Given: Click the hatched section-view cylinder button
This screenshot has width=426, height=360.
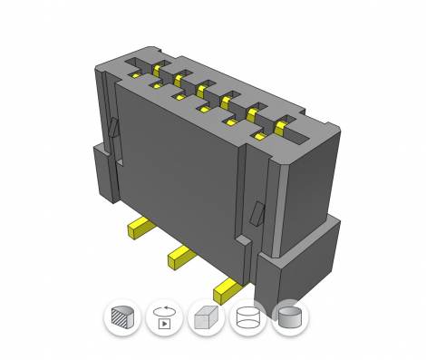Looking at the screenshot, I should point(121,318).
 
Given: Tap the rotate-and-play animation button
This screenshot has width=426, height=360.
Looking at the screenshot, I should point(164,318).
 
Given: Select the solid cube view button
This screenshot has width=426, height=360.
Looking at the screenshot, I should point(206,318).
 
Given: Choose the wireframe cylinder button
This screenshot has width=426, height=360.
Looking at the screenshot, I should point(247,318).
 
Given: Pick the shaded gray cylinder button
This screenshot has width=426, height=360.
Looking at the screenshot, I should point(290,318).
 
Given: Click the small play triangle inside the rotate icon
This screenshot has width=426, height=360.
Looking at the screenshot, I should point(165,323).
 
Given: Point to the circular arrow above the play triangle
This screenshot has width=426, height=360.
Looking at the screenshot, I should point(164,311).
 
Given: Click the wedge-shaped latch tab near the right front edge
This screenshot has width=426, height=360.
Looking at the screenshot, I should point(258,214).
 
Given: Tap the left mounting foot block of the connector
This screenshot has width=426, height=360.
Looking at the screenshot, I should point(104,172).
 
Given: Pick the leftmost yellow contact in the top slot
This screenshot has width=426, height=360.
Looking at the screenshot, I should point(156,69).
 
